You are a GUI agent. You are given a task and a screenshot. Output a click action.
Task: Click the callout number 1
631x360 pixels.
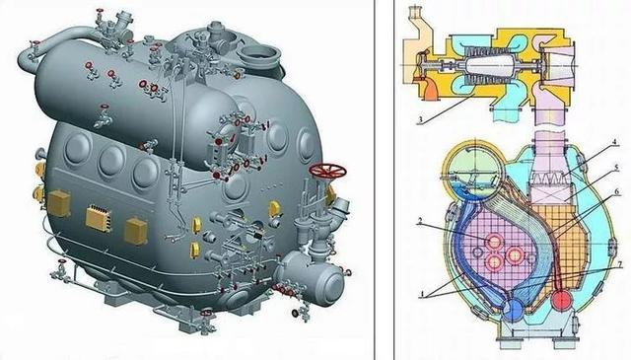click(x=422, y=295)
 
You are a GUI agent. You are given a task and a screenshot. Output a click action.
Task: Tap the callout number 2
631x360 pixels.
click(x=420, y=221)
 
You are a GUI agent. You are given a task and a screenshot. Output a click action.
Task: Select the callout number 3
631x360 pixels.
click(x=420, y=120)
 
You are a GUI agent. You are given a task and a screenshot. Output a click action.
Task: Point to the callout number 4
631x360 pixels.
click(x=614, y=142)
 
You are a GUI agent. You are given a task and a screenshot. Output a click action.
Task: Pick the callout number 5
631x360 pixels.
click(x=617, y=166)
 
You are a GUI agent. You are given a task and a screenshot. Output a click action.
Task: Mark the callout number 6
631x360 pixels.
click(x=618, y=193)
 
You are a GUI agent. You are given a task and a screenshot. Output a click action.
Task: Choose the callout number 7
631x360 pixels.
click(x=620, y=264)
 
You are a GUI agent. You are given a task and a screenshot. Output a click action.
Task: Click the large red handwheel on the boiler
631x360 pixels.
click(x=327, y=171)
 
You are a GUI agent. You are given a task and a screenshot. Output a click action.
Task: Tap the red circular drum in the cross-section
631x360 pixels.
click(x=561, y=300)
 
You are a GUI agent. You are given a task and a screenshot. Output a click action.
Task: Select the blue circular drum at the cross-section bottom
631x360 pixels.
click(x=512, y=311)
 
